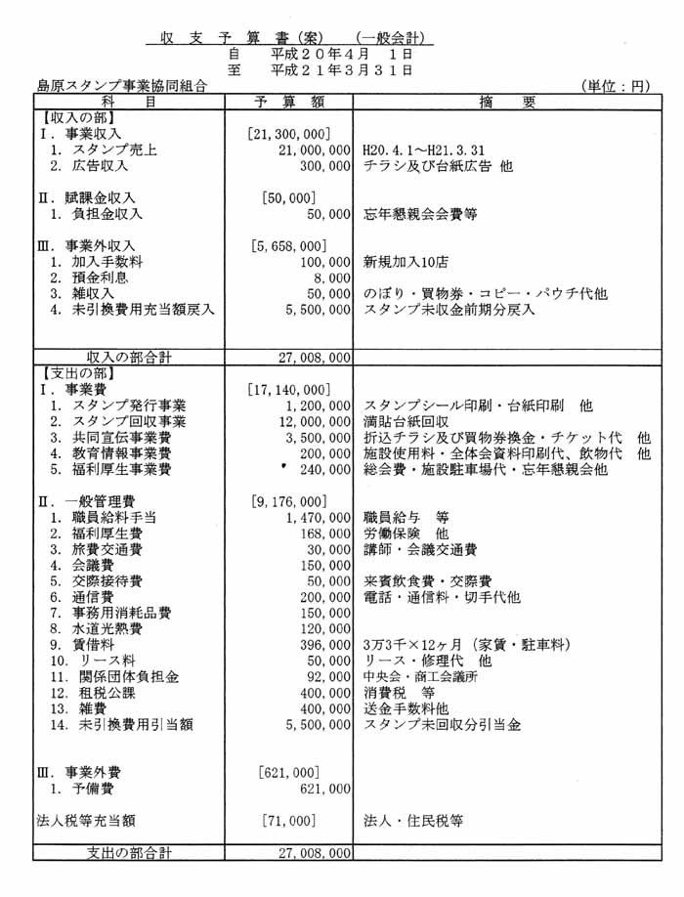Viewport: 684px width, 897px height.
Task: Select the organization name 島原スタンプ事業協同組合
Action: pos(120,86)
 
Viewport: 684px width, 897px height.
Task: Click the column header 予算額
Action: pos(289,102)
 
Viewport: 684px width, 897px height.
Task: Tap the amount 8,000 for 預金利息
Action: pos(331,278)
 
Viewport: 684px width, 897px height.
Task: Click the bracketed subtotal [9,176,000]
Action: pos(290,501)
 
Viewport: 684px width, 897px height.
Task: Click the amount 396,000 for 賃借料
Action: pos(325,645)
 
